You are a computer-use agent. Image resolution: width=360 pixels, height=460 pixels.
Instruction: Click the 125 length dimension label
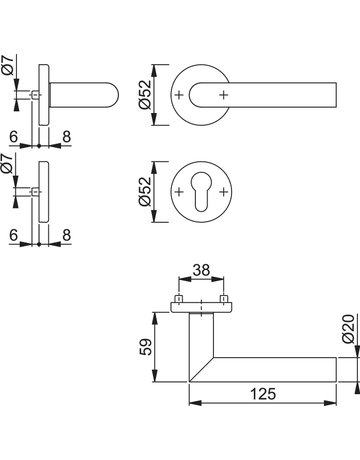click(x=263, y=394)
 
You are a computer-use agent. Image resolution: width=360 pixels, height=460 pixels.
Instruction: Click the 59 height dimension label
click(x=146, y=347)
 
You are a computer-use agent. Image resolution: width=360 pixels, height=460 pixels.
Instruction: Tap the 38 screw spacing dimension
click(x=201, y=270)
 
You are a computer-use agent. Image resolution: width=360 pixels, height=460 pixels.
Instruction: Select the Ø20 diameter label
click(x=348, y=328)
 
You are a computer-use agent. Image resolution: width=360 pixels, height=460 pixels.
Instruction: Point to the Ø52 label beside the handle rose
click(x=145, y=95)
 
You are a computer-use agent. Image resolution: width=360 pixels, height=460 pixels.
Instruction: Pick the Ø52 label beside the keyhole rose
click(x=145, y=192)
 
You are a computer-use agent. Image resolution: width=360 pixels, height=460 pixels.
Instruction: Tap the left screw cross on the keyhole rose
click(x=179, y=192)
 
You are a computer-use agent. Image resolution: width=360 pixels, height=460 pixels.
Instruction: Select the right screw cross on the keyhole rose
click(x=224, y=192)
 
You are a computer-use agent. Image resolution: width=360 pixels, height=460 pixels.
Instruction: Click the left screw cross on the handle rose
click(x=179, y=95)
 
